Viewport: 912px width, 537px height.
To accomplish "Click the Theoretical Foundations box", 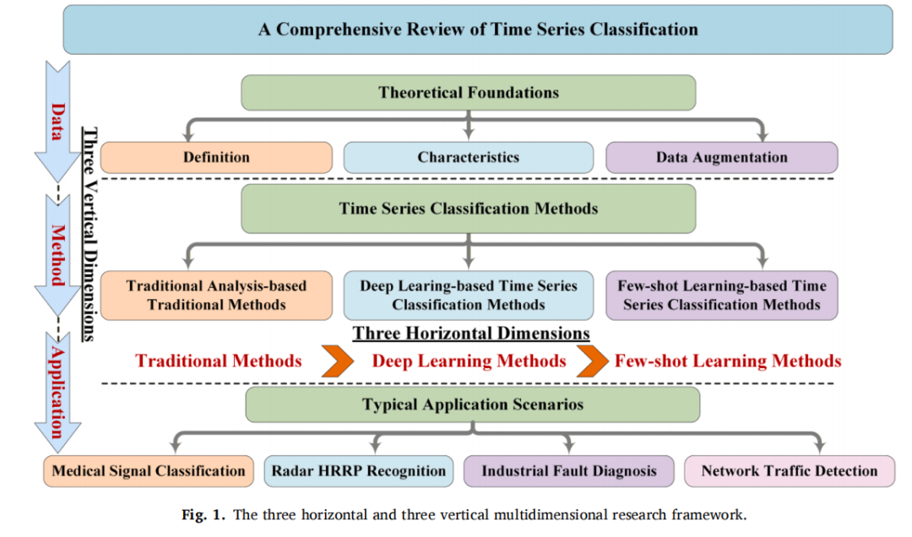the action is click(x=468, y=93).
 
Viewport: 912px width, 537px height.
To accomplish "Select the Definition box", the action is click(x=216, y=157).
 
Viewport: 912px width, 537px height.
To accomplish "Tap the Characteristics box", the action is click(x=468, y=157).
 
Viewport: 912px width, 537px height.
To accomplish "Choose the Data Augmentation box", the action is click(x=722, y=157).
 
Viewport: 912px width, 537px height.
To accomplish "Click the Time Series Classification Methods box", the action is click(x=468, y=209).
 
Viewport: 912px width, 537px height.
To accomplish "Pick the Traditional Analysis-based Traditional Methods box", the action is click(x=216, y=295).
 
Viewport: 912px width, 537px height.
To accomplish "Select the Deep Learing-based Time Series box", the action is click(x=468, y=295).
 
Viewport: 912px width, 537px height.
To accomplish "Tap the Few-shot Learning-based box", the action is click(x=722, y=295).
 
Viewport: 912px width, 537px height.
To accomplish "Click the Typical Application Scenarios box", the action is click(x=472, y=404).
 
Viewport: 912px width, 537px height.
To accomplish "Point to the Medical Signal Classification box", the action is click(x=149, y=470).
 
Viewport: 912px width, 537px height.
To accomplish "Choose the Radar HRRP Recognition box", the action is click(x=358, y=470).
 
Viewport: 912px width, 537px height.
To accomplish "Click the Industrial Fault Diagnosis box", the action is click(x=569, y=470).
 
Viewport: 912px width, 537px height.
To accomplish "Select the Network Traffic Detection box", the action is click(x=790, y=470).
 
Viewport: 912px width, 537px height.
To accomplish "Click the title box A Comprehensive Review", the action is click(x=477, y=30).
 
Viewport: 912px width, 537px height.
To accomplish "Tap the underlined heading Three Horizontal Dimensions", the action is click(x=471, y=334).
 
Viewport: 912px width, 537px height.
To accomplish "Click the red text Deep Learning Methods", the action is click(x=469, y=361).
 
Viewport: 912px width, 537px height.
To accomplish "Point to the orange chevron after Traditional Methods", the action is click(x=337, y=361).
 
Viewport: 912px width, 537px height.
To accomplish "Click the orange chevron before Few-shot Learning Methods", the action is click(x=593, y=361).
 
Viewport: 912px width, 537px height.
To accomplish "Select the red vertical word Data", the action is click(x=57, y=122).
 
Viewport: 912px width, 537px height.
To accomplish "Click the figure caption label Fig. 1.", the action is click(x=203, y=515).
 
